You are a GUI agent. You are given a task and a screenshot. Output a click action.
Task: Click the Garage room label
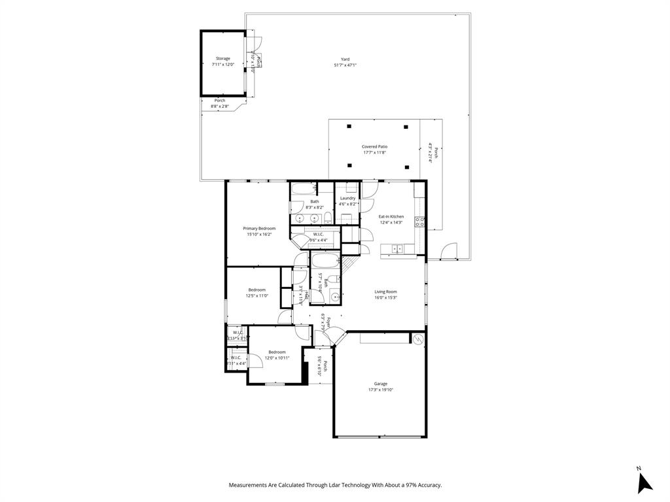380,384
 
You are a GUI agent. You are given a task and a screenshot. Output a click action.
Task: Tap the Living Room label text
385,292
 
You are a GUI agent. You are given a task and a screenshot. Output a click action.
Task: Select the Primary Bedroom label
259,228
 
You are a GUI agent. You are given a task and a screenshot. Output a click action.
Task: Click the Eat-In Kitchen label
391,216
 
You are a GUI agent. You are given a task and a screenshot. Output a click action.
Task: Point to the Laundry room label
347,198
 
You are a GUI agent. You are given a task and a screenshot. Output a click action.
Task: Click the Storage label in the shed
222,59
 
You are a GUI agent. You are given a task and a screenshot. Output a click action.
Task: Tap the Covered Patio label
374,147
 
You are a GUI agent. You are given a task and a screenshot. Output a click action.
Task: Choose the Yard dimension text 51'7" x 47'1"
345,65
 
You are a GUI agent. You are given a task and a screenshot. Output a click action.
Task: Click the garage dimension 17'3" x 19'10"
380,390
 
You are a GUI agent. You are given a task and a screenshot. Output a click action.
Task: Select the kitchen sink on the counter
397,248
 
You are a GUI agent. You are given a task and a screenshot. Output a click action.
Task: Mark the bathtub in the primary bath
304,192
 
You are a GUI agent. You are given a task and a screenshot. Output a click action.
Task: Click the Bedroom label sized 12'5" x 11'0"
256,290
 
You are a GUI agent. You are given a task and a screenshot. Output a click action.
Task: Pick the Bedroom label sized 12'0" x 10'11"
277,352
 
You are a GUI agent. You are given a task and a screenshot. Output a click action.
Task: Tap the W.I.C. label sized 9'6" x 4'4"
319,234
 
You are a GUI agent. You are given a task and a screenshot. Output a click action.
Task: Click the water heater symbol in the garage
417,339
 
